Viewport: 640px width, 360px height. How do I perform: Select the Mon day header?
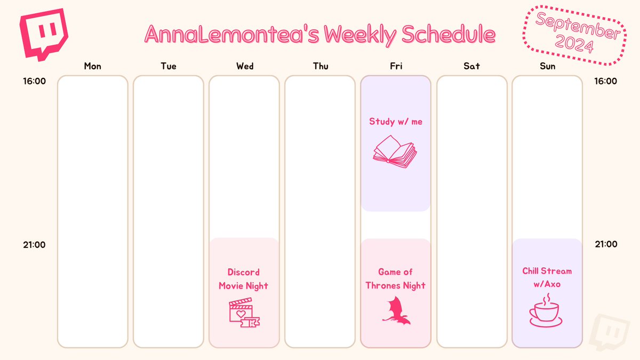tap(92, 66)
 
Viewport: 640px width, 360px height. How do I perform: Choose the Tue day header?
tap(169, 66)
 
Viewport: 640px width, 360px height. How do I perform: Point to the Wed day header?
tap(245, 66)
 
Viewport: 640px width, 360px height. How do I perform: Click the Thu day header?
tap(321, 66)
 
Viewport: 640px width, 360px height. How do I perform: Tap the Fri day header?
tap(396, 66)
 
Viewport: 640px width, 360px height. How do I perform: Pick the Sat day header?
tap(471, 66)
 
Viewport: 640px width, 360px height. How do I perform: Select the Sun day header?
tap(547, 66)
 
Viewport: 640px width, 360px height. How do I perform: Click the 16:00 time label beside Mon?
tap(34, 82)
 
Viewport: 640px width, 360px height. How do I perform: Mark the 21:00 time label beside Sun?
tap(606, 244)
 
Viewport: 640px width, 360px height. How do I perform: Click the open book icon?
tap(395, 152)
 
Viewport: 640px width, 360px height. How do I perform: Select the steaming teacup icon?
tap(545, 310)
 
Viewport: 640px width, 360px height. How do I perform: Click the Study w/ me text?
tap(395, 122)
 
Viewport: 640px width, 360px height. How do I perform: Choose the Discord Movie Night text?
tap(244, 279)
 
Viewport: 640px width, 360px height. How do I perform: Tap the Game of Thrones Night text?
tap(395, 279)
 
